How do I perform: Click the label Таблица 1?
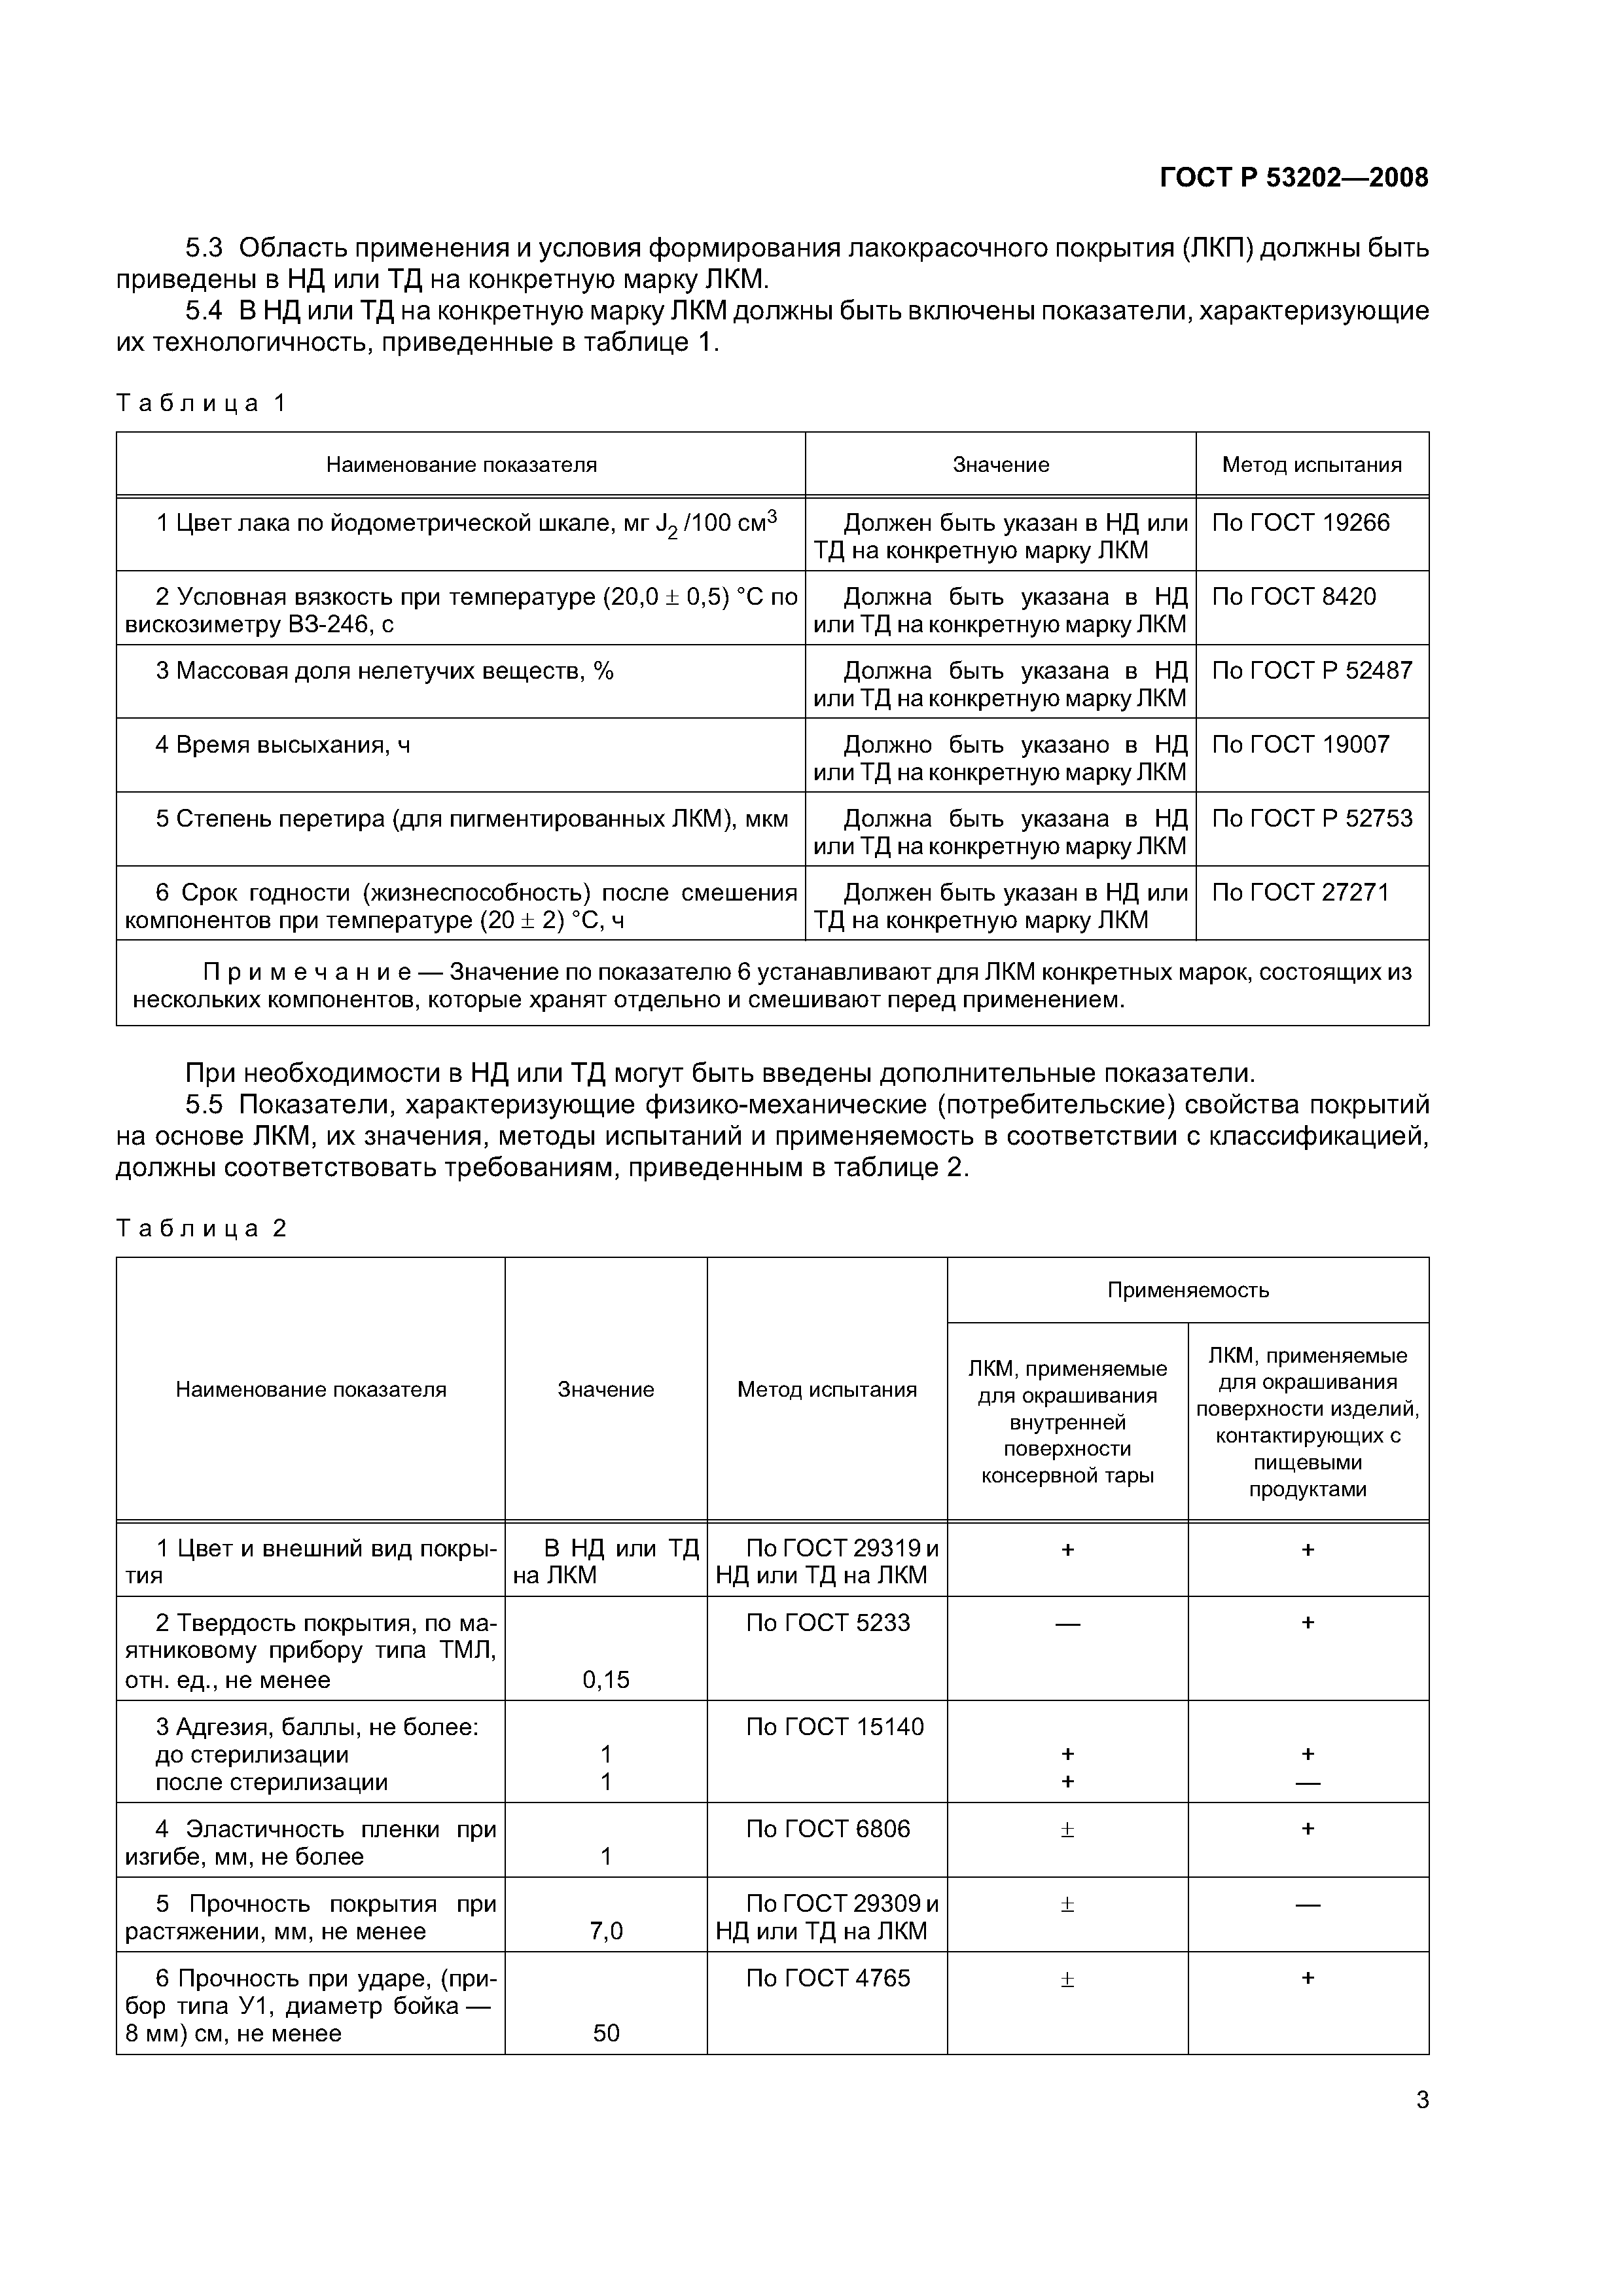click(201, 403)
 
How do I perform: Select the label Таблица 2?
click(201, 1228)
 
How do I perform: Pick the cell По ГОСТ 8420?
click(1293, 597)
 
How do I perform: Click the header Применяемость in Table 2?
click(1187, 1290)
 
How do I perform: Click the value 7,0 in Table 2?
click(606, 1931)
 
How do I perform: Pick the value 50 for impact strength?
click(606, 2033)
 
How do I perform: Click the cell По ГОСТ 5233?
click(827, 1623)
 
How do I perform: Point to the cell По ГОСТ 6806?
click(827, 1829)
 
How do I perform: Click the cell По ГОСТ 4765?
click(827, 1978)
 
